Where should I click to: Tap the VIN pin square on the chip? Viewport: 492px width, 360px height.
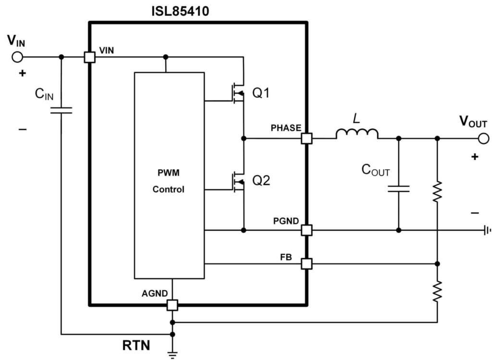89,57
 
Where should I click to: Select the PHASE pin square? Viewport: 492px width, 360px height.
307,138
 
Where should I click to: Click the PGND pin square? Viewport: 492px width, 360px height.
307,231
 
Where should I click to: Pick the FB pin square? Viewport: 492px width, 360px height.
307,263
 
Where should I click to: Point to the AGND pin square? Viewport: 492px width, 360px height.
172,305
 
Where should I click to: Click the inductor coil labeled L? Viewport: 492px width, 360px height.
357,134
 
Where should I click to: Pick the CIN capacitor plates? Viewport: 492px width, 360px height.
61,111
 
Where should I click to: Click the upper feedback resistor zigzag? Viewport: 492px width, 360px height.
437,192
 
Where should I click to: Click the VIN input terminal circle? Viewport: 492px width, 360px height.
17,57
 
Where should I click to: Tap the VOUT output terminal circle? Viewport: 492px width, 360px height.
483,138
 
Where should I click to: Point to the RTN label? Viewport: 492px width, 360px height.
136,345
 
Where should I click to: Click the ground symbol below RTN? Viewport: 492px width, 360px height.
172,354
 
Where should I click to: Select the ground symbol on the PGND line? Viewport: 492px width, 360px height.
487,231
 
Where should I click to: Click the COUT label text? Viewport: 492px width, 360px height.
376,170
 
